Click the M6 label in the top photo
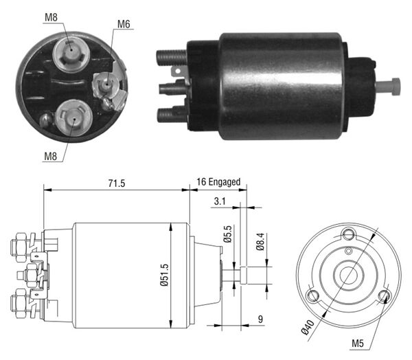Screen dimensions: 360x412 [124, 24]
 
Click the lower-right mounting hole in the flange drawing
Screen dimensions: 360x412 [385, 296]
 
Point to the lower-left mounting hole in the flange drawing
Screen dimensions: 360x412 [314, 296]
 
